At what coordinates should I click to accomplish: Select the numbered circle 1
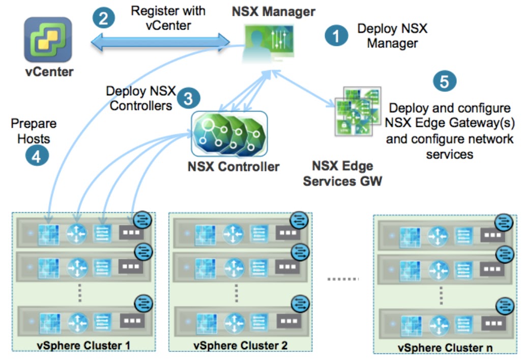click(336, 36)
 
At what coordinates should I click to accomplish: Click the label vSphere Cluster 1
click(84, 345)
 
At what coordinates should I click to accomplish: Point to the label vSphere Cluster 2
click(240, 345)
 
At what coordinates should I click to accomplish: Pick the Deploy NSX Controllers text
click(140, 98)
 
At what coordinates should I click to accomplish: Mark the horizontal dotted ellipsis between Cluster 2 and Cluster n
click(342, 279)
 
